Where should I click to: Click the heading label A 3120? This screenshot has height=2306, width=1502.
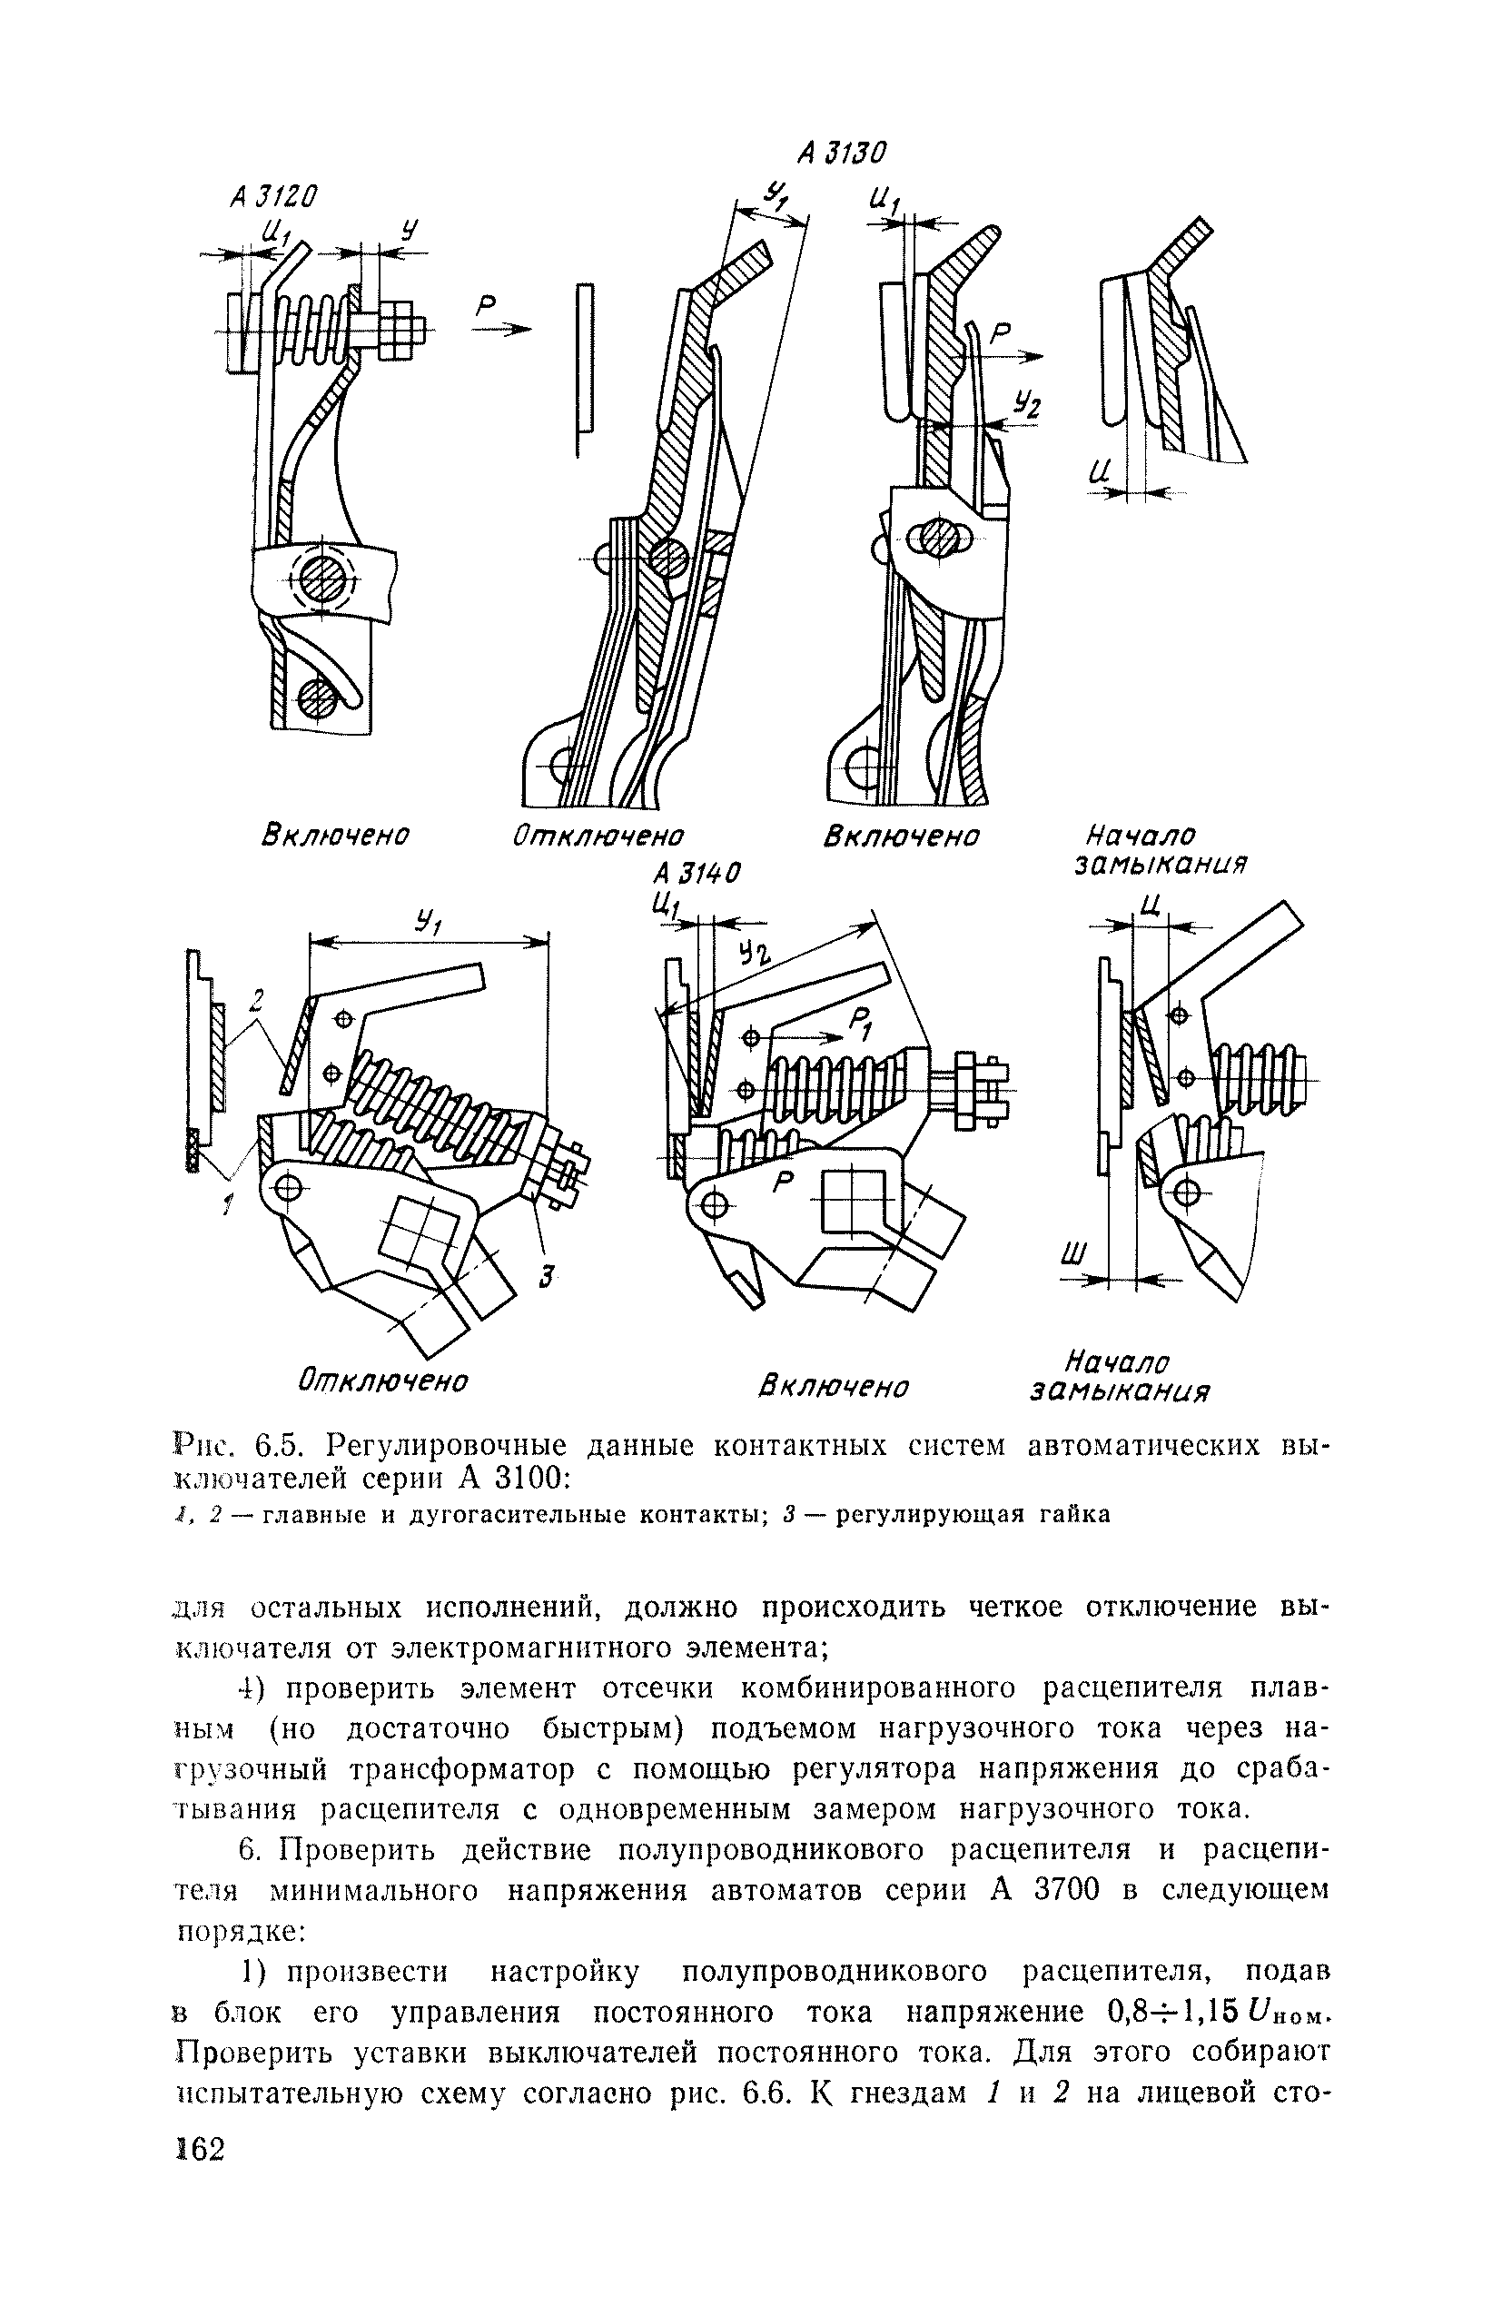coord(274,197)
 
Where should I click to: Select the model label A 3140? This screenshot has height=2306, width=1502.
coord(697,873)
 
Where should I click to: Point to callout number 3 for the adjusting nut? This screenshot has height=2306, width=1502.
coord(547,1278)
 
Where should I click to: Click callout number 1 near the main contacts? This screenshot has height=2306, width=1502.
coord(228,1205)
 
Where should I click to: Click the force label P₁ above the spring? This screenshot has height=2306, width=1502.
coord(862,1020)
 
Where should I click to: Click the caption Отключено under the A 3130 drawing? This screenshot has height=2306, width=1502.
coord(598,836)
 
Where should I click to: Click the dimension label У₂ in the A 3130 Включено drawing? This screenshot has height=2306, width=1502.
coord(1024,406)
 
